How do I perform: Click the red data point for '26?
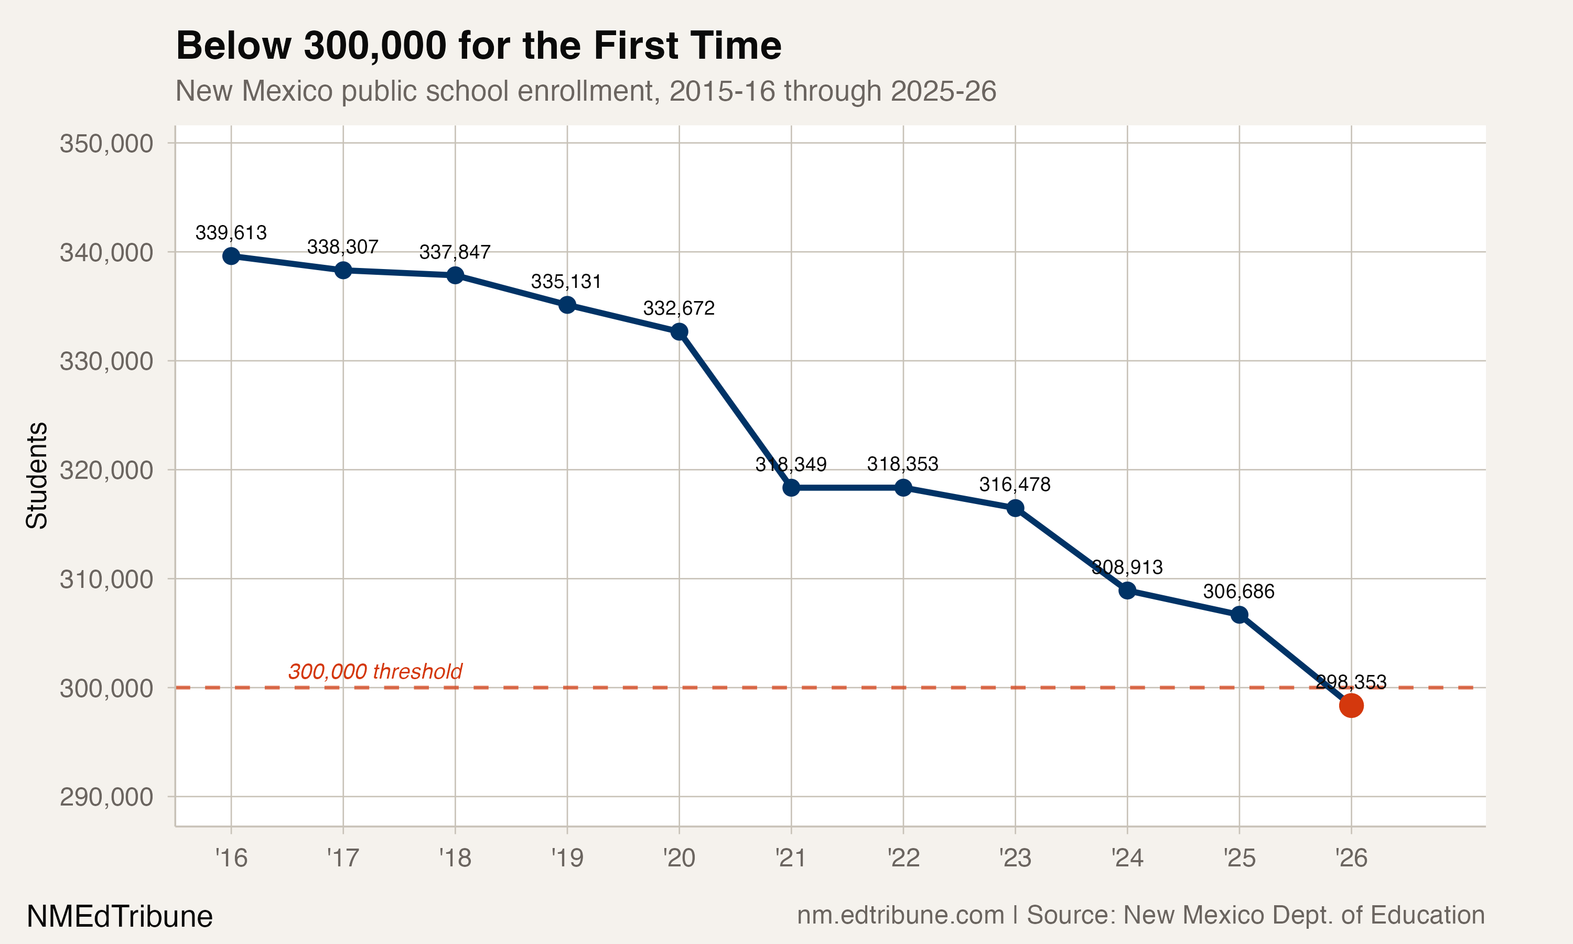[x=1351, y=705]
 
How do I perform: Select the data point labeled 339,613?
[x=231, y=256]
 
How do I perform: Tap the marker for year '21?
[x=791, y=488]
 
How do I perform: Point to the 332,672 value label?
[x=678, y=308]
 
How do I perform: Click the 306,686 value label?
[x=1238, y=592]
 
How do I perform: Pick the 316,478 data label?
[x=1015, y=485]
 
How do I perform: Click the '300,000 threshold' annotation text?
[x=375, y=672]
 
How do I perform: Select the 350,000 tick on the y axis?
[x=106, y=144]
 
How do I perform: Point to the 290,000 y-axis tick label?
[x=106, y=797]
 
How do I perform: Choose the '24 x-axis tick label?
[x=1127, y=858]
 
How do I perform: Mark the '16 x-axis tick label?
[x=231, y=858]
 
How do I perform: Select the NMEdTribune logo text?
[x=120, y=916]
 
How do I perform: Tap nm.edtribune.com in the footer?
[x=900, y=915]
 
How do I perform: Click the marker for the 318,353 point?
[x=903, y=488]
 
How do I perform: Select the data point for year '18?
[x=455, y=275]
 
